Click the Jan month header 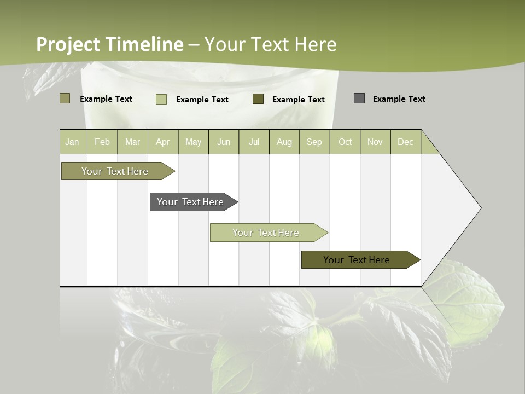coord(72,142)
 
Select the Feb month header coord(102,142)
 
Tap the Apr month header coord(162,142)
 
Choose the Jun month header coord(224,142)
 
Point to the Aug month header coord(284,142)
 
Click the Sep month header coord(314,142)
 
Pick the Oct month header coord(345,142)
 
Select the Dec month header coord(405,142)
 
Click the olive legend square coord(65,99)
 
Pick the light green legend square coord(161,99)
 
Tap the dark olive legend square coord(258,99)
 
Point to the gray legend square coord(359,99)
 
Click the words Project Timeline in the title coord(109,44)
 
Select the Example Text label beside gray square coord(399,99)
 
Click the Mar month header coord(132,142)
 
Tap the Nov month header coord(375,142)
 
